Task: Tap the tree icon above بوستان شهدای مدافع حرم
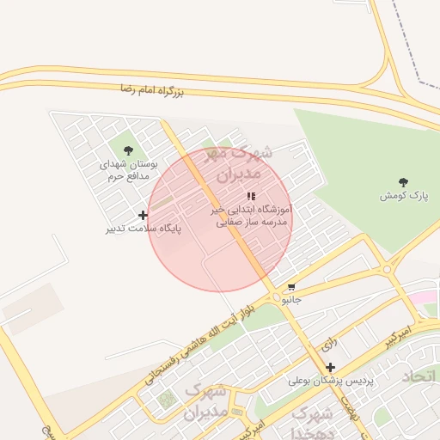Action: (x=128, y=151)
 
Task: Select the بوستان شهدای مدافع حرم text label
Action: (x=128, y=169)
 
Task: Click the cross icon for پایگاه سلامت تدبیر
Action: (x=142, y=215)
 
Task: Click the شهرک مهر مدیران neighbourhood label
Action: (x=241, y=162)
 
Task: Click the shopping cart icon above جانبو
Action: (x=292, y=288)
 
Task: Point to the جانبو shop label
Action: (x=292, y=301)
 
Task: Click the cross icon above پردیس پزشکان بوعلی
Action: (x=329, y=367)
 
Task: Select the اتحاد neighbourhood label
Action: (x=419, y=377)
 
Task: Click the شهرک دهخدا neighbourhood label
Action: (x=314, y=421)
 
